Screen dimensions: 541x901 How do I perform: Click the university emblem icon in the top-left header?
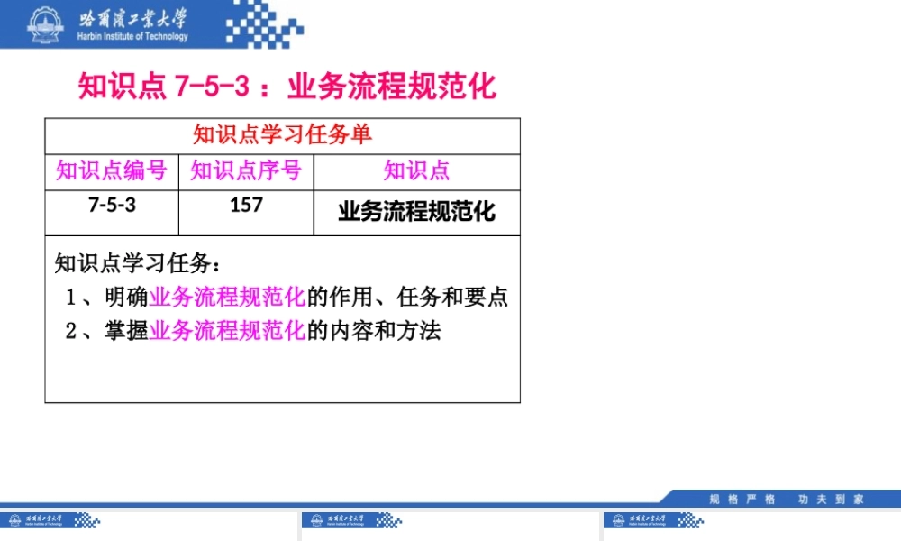[x=41, y=24]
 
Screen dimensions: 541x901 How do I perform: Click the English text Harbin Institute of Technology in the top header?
[x=133, y=37]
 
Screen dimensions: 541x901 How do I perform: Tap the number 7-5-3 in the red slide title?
[x=211, y=87]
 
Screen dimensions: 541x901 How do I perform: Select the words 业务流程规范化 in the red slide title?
[x=392, y=87]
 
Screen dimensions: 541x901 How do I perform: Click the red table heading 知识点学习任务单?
[x=282, y=135]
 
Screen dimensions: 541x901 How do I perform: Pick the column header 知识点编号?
[x=112, y=170]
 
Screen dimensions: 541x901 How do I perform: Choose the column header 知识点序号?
[x=246, y=170]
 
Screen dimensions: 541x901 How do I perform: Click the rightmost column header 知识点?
[x=416, y=170]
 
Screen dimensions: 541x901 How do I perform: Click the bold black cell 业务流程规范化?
[x=416, y=212]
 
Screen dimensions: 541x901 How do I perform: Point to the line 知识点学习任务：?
[x=137, y=263]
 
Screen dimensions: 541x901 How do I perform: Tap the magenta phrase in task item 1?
[x=228, y=297]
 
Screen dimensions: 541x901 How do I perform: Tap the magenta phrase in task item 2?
[x=228, y=331]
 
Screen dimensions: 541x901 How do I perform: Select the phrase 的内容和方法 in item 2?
[x=374, y=331]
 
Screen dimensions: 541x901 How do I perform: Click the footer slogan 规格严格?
[x=742, y=499]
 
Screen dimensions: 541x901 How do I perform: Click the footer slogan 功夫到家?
[x=831, y=499]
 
